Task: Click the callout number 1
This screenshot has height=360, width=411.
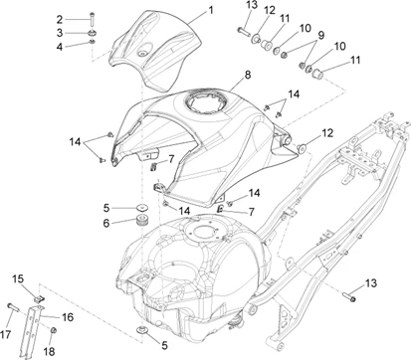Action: pos(211,10)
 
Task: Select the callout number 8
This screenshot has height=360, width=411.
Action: pos(248,75)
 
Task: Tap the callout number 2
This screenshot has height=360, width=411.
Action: pos(60,20)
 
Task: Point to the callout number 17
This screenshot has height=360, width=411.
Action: pos(6,335)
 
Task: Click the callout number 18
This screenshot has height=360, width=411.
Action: pos(49,351)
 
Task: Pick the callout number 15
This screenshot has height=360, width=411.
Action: pos(18,279)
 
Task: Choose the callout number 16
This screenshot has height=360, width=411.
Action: pos(68,317)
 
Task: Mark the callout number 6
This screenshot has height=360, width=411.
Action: pos(106,223)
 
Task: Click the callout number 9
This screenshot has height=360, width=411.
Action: pos(320,35)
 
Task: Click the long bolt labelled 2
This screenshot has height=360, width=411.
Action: pos(92,20)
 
